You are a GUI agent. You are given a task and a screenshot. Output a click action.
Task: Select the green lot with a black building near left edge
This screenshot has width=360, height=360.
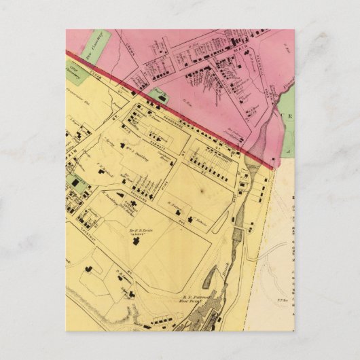click(x=77, y=182)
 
